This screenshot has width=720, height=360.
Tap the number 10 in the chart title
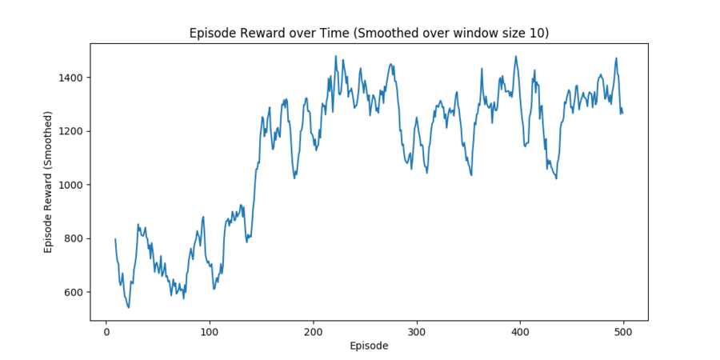(x=540, y=34)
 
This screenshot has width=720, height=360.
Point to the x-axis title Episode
(x=369, y=346)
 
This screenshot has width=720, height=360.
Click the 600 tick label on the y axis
(x=74, y=292)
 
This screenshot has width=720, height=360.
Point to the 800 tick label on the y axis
(x=74, y=238)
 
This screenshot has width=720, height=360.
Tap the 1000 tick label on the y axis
(x=71, y=185)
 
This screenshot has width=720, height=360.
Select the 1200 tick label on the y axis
(x=71, y=131)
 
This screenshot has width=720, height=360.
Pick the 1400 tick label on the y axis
(x=71, y=78)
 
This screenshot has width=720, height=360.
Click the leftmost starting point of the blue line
(x=115, y=238)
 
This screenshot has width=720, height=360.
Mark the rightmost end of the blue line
(x=622, y=113)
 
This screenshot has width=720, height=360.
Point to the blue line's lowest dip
(x=129, y=307)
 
